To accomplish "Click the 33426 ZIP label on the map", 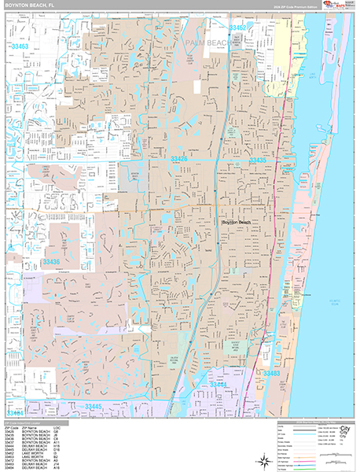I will (179, 160).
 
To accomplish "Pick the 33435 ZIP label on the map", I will (257, 160).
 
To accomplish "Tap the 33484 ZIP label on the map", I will (17, 411).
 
